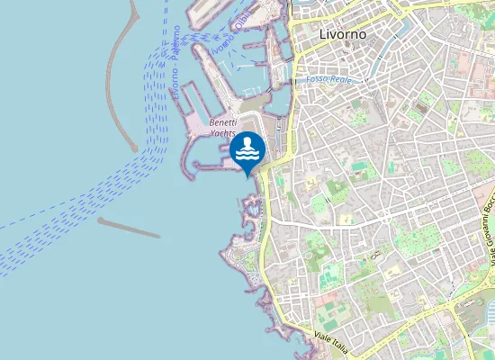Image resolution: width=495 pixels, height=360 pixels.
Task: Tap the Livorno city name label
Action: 343,34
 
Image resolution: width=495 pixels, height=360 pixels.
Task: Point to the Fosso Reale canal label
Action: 328,80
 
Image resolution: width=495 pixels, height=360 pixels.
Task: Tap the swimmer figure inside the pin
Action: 247,143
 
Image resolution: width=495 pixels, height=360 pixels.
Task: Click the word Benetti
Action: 222,122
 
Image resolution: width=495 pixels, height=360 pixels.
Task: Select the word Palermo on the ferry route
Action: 175,43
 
